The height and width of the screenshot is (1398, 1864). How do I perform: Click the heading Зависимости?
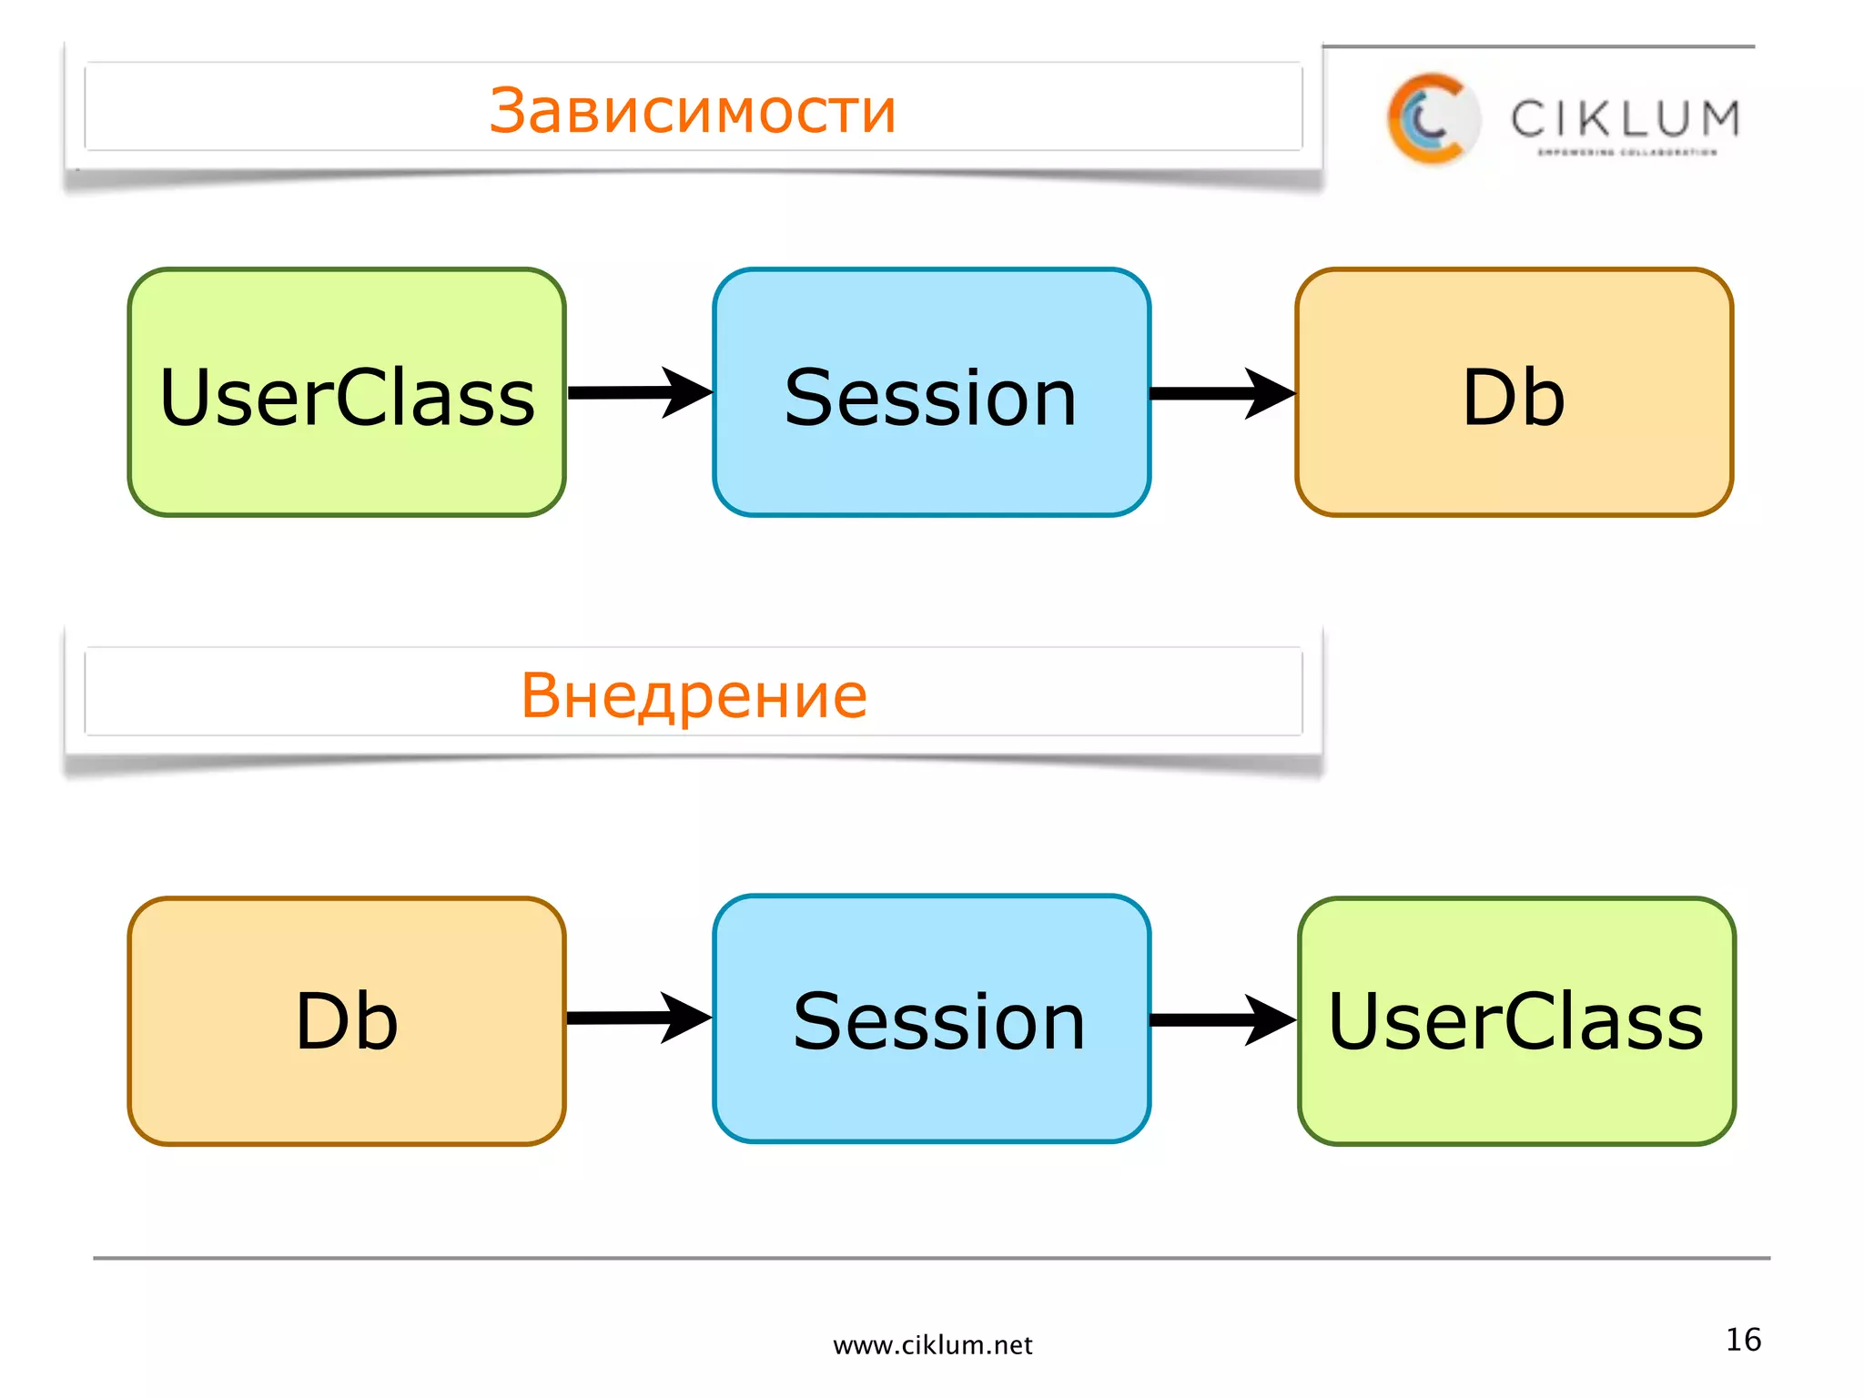pyautogui.click(x=693, y=110)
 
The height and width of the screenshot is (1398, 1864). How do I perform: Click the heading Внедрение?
pyautogui.click(x=694, y=695)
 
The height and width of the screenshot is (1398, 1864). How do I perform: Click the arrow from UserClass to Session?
pyautogui.click(x=637, y=393)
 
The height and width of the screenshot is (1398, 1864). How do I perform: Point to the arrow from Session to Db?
pyautogui.click(x=1220, y=393)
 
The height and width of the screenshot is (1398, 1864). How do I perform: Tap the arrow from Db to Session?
pyautogui.click(x=637, y=1018)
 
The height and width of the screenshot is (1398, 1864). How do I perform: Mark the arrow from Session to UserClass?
pyautogui.click(x=1220, y=1019)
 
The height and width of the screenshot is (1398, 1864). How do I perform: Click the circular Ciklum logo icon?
pyautogui.click(x=1432, y=119)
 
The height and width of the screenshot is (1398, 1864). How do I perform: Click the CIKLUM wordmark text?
pyautogui.click(x=1626, y=118)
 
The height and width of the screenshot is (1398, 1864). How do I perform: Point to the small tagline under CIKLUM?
pyautogui.click(x=1627, y=153)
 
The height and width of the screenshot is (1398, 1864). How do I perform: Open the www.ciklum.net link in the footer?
pyautogui.click(x=932, y=1345)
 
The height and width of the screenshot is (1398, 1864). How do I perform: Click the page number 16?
pyautogui.click(x=1743, y=1340)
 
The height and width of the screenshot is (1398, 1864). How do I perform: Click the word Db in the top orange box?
pyautogui.click(x=1514, y=397)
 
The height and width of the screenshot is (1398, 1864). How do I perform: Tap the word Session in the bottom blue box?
pyautogui.click(x=938, y=1022)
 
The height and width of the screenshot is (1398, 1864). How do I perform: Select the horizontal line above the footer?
pyautogui.click(x=932, y=1258)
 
